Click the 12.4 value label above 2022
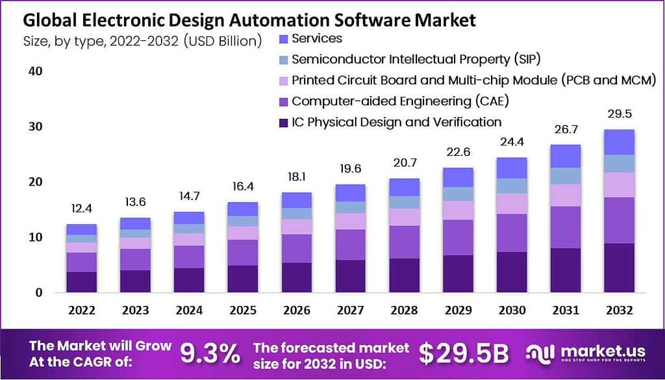point(82,210)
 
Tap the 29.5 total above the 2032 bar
point(618,114)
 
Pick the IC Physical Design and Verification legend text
point(396,122)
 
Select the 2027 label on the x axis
point(350,310)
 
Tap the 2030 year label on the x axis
point(511,310)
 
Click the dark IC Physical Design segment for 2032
point(618,268)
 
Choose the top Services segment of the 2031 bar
point(565,156)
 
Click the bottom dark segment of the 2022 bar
point(82,282)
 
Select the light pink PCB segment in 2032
point(618,184)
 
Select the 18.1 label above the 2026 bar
point(296,177)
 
